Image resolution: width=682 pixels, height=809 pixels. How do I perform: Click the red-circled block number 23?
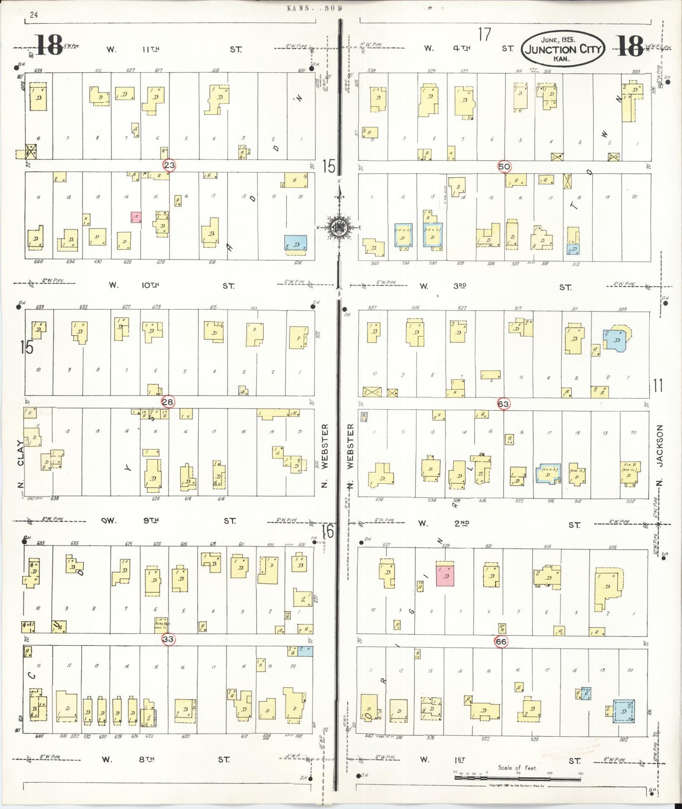click(169, 165)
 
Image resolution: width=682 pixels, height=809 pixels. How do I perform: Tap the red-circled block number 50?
click(504, 166)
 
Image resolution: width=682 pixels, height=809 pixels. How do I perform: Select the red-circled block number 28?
click(168, 402)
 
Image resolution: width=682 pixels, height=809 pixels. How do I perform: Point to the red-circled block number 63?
click(504, 404)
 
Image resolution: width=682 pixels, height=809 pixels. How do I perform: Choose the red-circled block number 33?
click(168, 640)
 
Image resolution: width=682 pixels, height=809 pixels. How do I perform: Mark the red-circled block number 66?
click(501, 641)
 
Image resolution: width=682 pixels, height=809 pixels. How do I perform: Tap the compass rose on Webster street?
click(339, 227)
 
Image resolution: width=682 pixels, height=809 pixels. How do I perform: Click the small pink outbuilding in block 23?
click(136, 217)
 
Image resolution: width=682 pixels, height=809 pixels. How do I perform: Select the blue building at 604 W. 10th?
click(296, 243)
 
